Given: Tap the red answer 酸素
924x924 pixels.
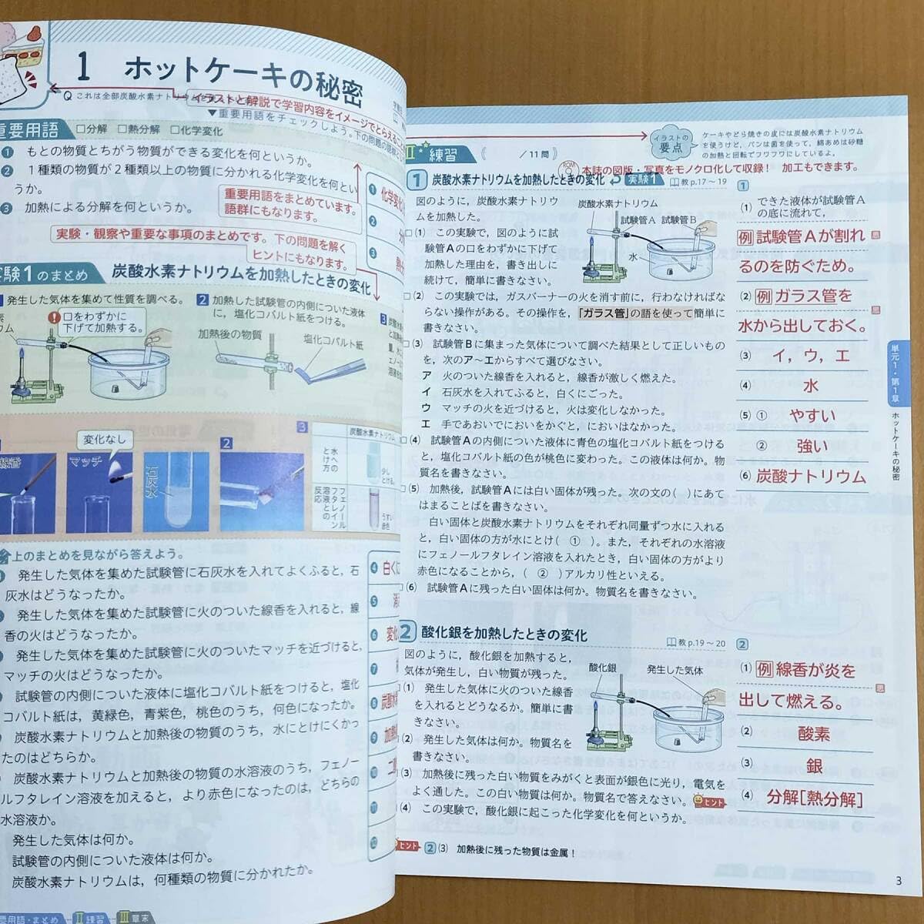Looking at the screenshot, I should pos(813,733).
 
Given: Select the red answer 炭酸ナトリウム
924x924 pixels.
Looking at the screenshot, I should pos(811,476).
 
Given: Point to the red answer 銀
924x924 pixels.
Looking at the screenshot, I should pos(814,765).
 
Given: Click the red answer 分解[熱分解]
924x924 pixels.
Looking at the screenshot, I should pos(814,798).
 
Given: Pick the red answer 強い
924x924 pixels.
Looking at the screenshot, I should pos(812,446).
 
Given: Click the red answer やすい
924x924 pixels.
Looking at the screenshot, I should pos(812,416).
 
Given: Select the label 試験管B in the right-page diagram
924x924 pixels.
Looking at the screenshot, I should pos(678,219).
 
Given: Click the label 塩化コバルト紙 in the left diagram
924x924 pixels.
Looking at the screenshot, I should pos(333,344).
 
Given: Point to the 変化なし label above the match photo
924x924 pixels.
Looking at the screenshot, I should pos(104,440).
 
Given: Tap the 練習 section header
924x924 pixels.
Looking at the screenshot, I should pos(442,154).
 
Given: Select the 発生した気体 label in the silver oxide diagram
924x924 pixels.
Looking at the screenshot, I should pos(675,669).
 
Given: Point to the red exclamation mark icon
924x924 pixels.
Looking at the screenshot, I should pos(53,316).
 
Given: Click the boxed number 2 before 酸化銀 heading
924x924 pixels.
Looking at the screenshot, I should pos(407,633).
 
